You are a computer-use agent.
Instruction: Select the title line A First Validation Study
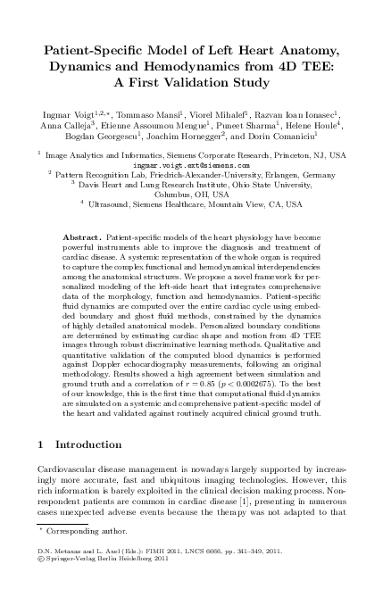pos(191,83)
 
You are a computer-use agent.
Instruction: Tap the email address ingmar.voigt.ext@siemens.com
pos(191,166)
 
